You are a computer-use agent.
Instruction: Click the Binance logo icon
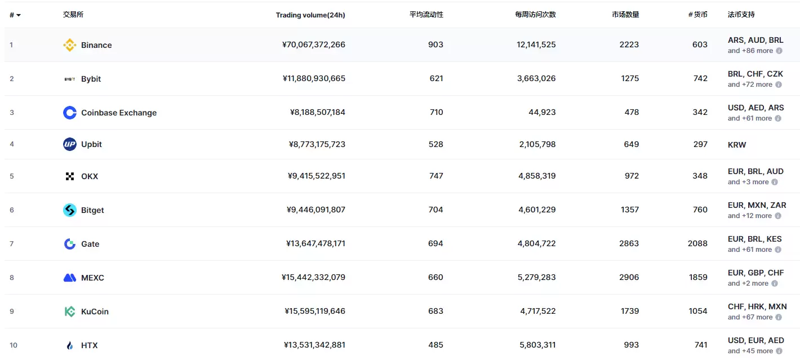pyautogui.click(x=69, y=45)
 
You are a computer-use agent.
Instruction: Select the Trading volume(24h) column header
pyautogui.click(x=310, y=15)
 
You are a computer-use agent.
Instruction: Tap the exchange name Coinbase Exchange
pyautogui.click(x=119, y=113)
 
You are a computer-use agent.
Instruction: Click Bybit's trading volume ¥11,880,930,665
pyautogui.click(x=314, y=79)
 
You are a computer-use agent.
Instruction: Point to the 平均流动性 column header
pyautogui.click(x=426, y=15)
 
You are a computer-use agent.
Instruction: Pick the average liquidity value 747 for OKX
pyautogui.click(x=435, y=176)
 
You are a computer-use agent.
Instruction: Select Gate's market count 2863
pyautogui.click(x=629, y=243)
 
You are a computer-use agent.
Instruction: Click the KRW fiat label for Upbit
pyautogui.click(x=736, y=145)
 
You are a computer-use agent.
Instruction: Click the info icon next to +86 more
pyautogui.click(x=779, y=51)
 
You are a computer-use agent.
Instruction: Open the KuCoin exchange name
pyautogui.click(x=95, y=312)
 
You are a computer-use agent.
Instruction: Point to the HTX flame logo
pyautogui.click(x=69, y=345)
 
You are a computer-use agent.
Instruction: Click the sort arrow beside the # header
pyautogui.click(x=19, y=15)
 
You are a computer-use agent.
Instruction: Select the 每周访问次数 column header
pyautogui.click(x=535, y=15)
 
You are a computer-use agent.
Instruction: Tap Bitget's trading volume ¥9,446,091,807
pyautogui.click(x=315, y=210)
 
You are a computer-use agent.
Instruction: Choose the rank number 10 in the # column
pyautogui.click(x=14, y=345)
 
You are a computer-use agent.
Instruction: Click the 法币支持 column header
pyautogui.click(x=741, y=15)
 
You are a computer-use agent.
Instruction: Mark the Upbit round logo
pyautogui.click(x=69, y=144)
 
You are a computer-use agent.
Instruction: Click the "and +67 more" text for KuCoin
pyautogui.click(x=750, y=317)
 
